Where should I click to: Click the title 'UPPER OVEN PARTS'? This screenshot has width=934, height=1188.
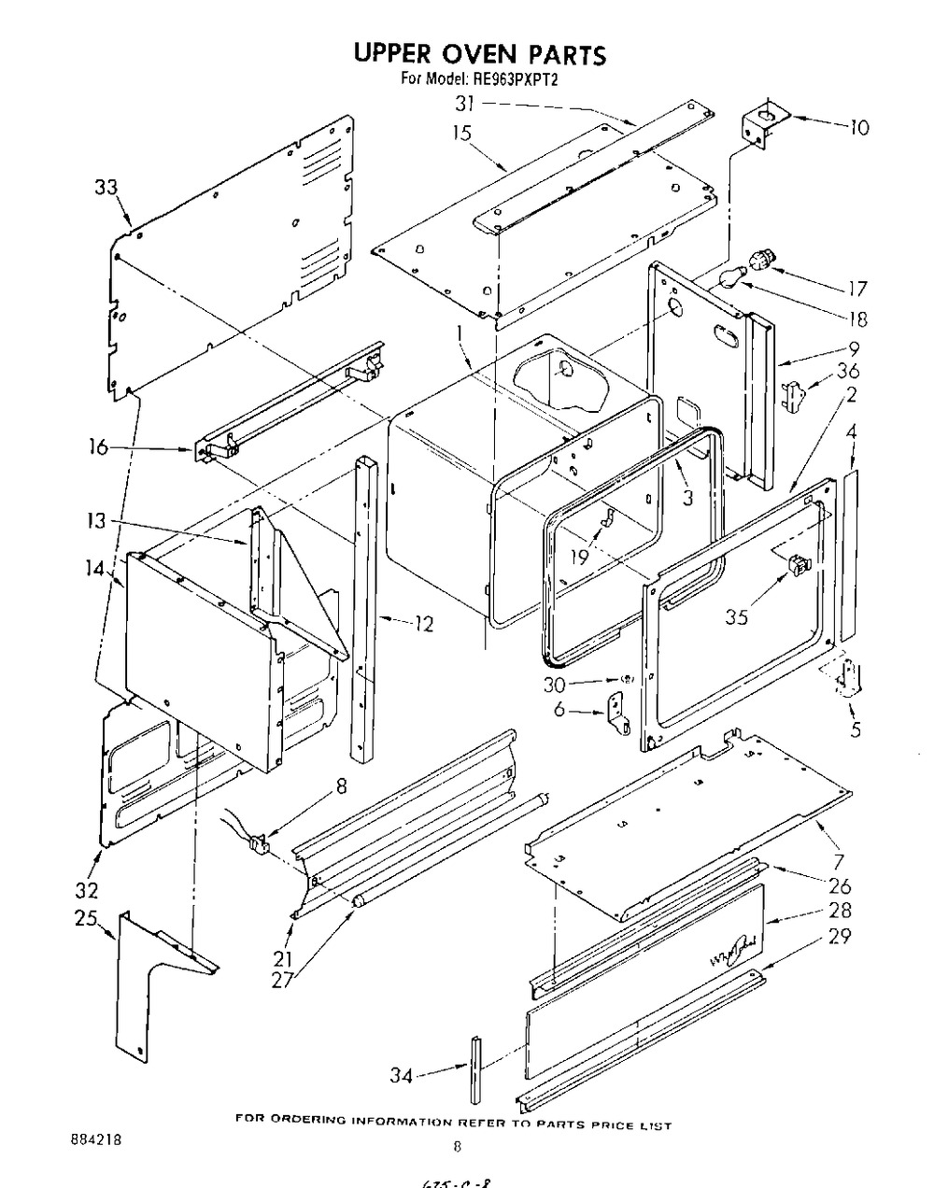[x=479, y=55]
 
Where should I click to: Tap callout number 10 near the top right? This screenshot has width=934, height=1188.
[x=857, y=127]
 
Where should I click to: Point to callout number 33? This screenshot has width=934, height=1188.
[x=106, y=188]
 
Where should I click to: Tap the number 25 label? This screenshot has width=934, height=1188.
[x=86, y=919]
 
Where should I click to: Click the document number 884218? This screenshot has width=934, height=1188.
[x=95, y=1140]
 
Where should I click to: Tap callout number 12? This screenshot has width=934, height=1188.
[x=424, y=622]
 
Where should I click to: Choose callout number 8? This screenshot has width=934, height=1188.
[x=341, y=786]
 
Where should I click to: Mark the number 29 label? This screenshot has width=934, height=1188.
[x=840, y=935]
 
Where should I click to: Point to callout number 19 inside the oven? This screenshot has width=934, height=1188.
[x=580, y=558]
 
